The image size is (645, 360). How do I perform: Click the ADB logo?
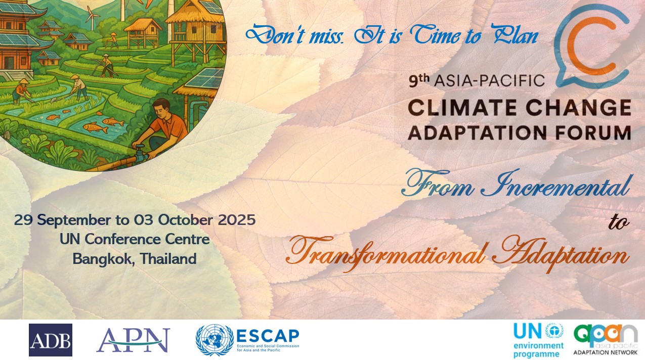51,340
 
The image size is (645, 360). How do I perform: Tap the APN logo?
134,340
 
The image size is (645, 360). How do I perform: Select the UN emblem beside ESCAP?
214,340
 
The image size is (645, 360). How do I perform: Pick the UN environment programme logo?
538,340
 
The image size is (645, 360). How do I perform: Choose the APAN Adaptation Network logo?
605,340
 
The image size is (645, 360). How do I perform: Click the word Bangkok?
101,259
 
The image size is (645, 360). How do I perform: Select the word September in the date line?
74,221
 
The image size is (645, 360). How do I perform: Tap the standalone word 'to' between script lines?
619,223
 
